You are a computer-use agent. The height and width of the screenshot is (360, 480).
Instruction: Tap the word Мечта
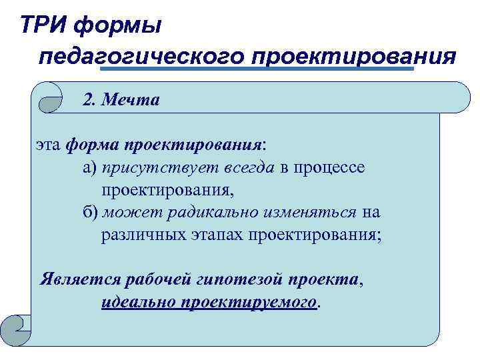[x=137, y=100]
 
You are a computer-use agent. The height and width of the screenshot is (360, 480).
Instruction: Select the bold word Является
[x=73, y=279]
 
